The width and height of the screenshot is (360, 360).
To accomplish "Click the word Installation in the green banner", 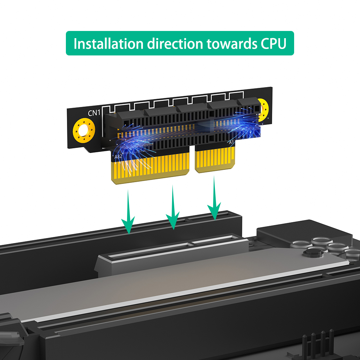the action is tap(108, 44).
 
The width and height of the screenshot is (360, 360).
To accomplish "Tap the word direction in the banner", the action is tap(175, 44).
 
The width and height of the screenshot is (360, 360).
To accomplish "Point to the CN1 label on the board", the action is tap(94, 113).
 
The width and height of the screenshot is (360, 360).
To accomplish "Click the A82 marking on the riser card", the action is tap(118, 157).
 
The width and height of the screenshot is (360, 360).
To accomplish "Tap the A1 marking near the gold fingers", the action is tap(231, 142).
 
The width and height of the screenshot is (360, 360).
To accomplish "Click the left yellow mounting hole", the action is tap(84, 131).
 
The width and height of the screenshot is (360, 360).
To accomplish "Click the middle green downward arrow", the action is tap(173, 207).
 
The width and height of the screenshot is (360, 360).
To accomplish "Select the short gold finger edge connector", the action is tap(215, 159).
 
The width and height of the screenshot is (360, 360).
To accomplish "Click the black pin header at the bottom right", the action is tap(318, 345).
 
